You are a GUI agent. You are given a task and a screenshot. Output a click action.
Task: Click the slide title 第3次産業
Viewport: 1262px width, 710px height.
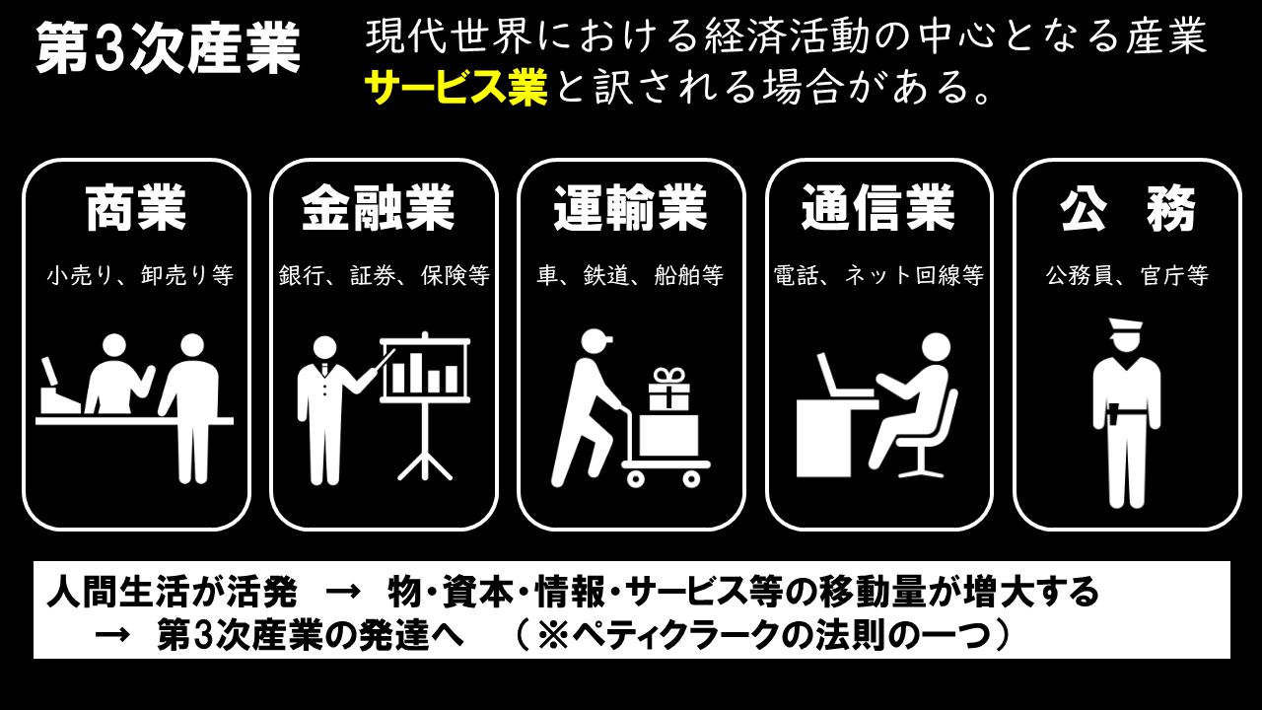point(169,48)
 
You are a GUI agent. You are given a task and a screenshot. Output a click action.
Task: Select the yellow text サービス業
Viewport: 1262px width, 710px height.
point(456,88)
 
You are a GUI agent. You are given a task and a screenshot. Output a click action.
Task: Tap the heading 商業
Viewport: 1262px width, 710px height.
point(136,207)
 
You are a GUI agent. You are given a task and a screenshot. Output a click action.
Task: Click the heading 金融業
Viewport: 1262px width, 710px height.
point(378,207)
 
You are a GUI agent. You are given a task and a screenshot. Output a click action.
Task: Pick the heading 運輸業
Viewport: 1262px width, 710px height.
point(630,207)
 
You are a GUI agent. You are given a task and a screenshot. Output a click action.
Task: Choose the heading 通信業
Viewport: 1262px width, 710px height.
point(878,207)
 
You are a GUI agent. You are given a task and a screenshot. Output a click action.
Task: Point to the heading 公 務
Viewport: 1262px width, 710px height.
point(1127,207)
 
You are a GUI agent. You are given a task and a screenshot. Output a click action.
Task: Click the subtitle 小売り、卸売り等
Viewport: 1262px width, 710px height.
point(140,275)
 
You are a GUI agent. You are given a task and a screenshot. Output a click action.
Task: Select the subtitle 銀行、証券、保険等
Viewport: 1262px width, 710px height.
point(385,275)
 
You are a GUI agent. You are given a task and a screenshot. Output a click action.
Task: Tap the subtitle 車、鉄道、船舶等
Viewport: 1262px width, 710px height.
point(630,275)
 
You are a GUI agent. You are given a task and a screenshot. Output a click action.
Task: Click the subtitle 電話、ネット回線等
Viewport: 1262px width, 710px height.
point(878,275)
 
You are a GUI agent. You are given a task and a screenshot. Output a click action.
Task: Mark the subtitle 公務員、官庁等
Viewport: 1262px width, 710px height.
point(1127,275)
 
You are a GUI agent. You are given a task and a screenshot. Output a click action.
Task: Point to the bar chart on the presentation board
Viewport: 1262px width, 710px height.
point(425,373)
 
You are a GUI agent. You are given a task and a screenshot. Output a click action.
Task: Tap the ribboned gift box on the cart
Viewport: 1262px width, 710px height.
point(668,389)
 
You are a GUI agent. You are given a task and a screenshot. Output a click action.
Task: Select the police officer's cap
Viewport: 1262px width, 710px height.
point(1126,327)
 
